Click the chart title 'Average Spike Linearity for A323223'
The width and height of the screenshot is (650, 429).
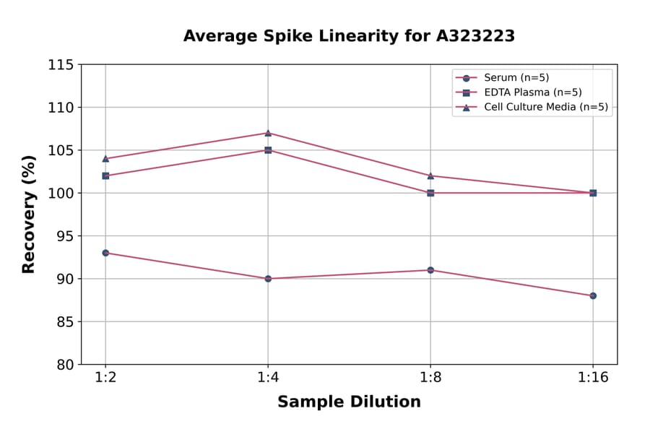point(349,36)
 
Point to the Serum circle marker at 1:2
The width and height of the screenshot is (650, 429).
point(105,253)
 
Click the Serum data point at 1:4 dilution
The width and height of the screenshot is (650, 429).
point(268,279)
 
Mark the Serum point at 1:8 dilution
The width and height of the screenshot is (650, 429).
point(430,270)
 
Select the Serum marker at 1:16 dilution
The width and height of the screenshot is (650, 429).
point(593,295)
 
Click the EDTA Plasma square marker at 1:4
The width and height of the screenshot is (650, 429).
point(268,150)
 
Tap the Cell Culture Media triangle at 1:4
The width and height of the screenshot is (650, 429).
point(268,133)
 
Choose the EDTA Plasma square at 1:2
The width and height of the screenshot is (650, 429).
point(105,175)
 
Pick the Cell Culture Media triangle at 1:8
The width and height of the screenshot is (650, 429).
point(430,175)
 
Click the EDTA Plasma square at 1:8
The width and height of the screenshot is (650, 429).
point(430,193)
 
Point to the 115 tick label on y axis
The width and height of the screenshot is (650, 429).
point(60,65)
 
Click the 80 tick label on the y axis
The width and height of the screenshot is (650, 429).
point(64,365)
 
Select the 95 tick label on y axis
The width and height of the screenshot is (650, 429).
point(64,236)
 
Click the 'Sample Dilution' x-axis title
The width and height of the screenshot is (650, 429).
point(349,402)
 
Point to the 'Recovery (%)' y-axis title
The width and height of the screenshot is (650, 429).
point(29,214)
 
